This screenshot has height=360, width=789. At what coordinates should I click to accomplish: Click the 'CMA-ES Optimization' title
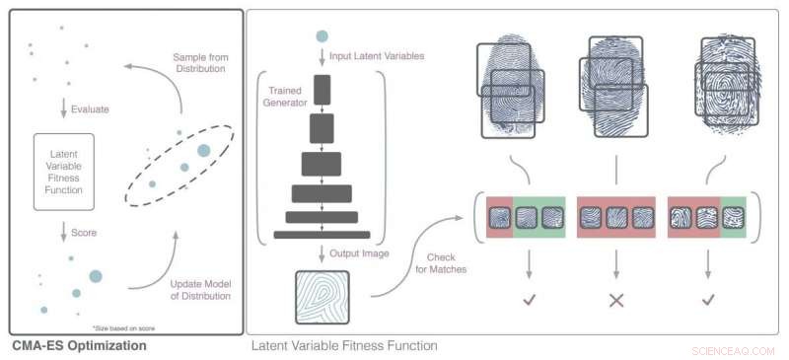79,346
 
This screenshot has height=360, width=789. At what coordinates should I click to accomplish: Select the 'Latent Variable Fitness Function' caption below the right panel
344,346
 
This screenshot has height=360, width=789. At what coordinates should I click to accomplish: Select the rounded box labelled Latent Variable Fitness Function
64,172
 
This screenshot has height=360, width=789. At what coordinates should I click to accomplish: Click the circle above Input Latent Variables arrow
322,36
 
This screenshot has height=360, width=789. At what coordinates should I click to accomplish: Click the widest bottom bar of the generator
322,235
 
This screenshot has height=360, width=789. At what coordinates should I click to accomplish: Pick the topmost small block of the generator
322,91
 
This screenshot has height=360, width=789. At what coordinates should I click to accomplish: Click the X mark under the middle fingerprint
617,300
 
